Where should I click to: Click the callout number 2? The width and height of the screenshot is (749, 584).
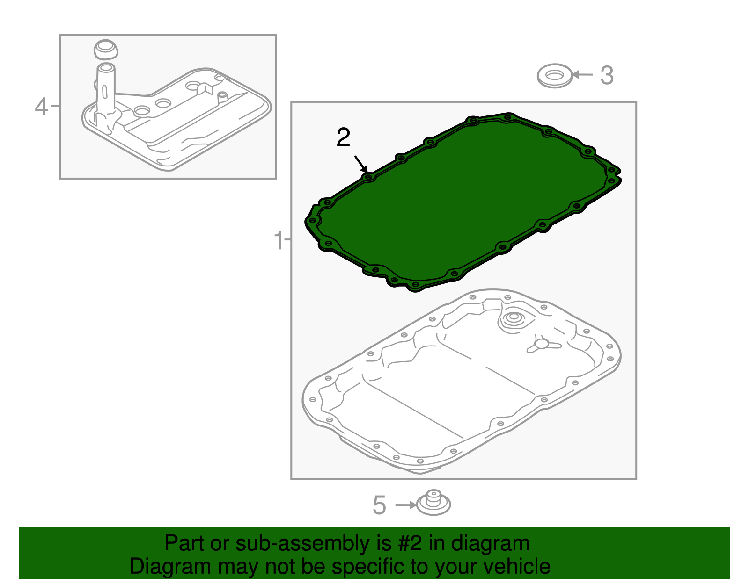[343, 137]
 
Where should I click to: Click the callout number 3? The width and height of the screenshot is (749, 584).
[607, 75]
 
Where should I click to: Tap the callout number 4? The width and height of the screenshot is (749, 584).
[41, 106]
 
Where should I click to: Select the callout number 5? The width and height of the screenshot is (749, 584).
[379, 505]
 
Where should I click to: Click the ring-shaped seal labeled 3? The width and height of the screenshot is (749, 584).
[555, 76]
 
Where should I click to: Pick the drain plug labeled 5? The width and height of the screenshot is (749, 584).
[433, 503]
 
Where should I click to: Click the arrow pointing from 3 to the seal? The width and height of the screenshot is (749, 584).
[582, 75]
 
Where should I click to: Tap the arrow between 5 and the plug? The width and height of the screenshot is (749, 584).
[406, 505]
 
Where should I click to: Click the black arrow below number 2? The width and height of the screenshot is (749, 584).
[361, 164]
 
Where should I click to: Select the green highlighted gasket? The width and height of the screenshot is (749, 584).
[463, 202]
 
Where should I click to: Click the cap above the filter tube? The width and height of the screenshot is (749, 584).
[106, 50]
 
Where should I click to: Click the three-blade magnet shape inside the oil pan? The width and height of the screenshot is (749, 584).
[543, 345]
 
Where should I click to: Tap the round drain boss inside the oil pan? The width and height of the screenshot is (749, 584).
[513, 320]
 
